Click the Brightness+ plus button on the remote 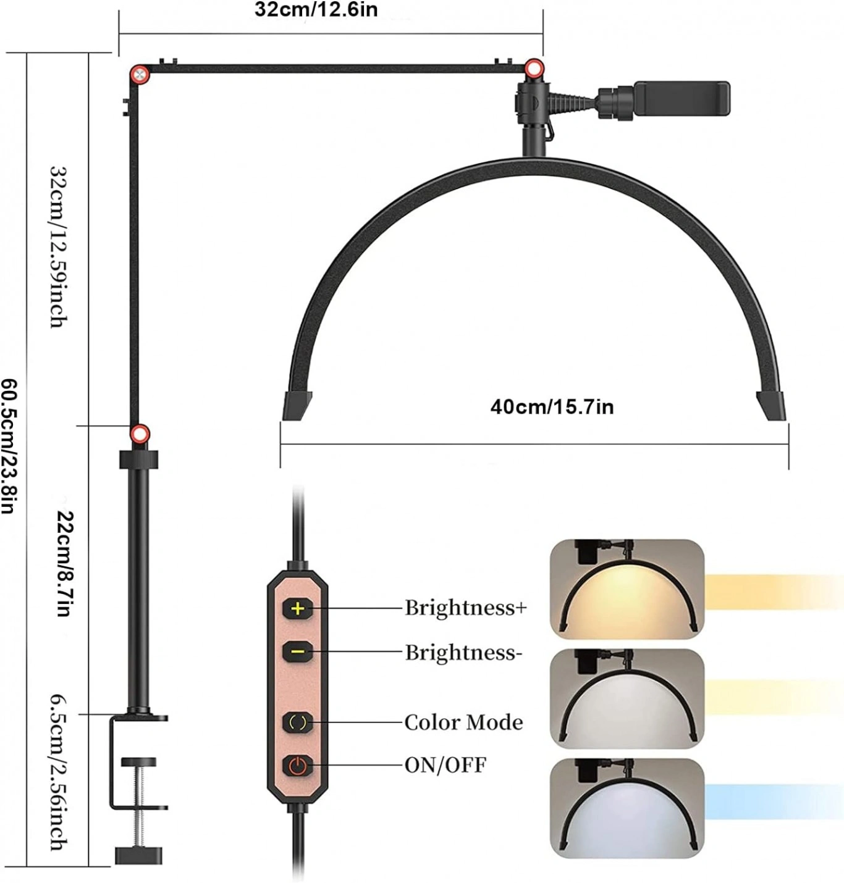tap(298, 609)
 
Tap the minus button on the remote tap(298, 651)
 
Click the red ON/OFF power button tap(298, 766)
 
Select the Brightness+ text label tap(466, 608)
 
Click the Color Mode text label tap(463, 722)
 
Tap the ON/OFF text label tap(445, 766)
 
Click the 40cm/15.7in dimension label tap(552, 407)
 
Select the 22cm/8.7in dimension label tap(64, 563)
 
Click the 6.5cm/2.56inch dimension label tap(59, 772)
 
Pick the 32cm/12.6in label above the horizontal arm tap(316, 10)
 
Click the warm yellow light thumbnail tap(627, 588)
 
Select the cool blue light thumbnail tap(627, 807)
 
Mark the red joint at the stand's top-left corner tap(139, 75)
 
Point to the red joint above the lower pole tap(140, 433)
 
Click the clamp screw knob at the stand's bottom tap(140, 855)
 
